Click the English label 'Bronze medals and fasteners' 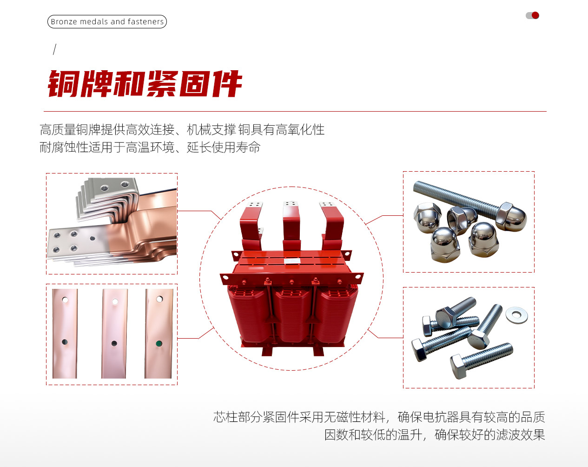pos(107,21)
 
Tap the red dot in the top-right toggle pos(535,15)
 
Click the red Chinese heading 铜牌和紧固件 pos(145,84)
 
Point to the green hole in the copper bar pos(159,343)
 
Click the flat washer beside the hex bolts pos(516,315)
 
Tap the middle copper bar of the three pos(114,334)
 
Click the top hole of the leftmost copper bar pos(65,300)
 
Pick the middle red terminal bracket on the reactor pos(291,226)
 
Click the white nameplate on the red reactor pos(292,261)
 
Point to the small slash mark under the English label pos(55,49)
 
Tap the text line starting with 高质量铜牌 pos(182,130)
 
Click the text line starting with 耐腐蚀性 pos(150,147)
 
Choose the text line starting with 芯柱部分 pos(379,417)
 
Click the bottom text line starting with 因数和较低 pos(435,435)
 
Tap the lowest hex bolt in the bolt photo pos(482,361)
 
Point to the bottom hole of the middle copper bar pos(114,343)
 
